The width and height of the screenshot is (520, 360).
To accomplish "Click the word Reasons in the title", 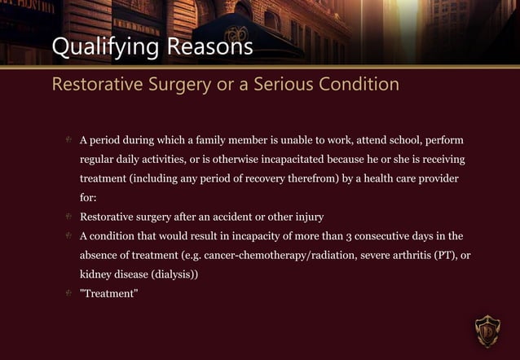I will [x=209, y=48].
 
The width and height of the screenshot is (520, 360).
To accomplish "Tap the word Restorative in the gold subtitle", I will [x=100, y=84].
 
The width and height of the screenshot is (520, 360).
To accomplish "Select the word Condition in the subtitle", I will [x=355, y=84].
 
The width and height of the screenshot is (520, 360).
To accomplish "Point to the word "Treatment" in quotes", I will [x=108, y=294].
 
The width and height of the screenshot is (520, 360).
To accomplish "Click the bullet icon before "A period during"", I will [x=69, y=139].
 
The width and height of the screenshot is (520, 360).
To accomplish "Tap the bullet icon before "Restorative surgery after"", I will [x=69, y=217].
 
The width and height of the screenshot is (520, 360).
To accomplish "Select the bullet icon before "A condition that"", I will [x=69, y=236].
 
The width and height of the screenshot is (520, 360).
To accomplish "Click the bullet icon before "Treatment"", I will [x=69, y=294].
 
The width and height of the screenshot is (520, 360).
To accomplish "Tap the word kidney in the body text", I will [x=95, y=275].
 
